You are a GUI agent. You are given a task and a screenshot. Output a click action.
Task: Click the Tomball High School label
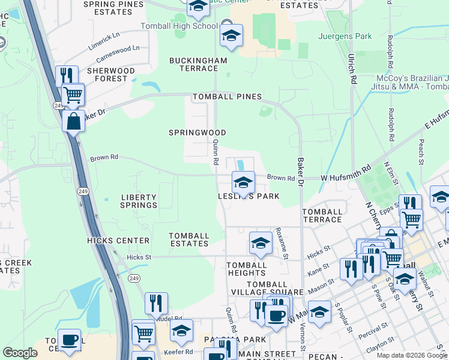178,26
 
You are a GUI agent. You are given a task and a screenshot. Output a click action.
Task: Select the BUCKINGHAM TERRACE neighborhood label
198,64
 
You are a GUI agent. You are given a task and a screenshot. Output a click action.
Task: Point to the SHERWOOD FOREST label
111,74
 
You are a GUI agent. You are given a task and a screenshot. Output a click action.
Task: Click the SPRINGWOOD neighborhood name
197,133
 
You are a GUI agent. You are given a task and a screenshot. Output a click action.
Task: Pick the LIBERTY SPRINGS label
139,201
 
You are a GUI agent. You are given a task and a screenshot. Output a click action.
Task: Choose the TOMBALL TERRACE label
322,215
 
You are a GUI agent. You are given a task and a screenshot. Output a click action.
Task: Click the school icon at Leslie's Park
243,182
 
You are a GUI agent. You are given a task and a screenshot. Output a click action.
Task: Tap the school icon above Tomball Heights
261,243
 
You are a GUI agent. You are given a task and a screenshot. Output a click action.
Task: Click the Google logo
20,353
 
